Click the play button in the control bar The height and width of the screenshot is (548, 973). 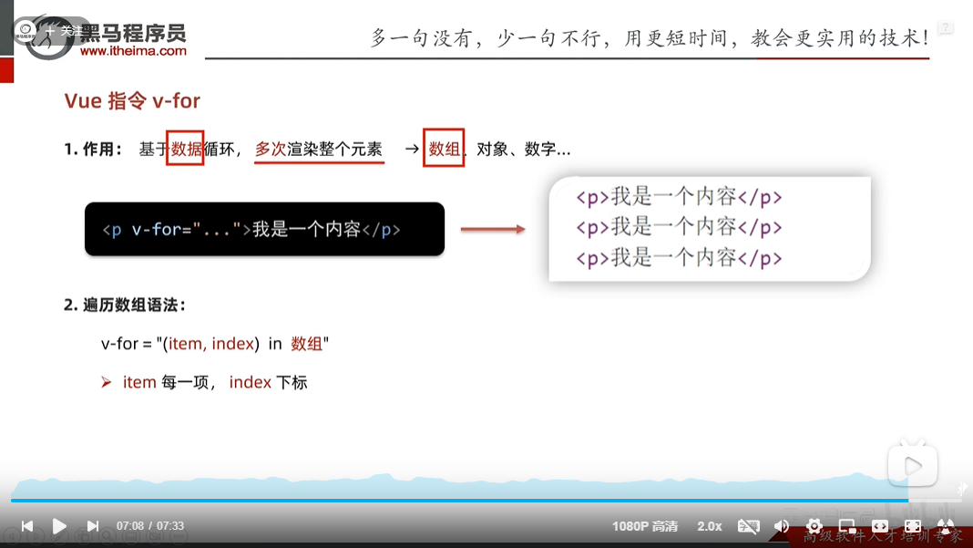pyautogui.click(x=59, y=526)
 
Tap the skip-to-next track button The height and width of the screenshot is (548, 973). pyautogui.click(x=92, y=526)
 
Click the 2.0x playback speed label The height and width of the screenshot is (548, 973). pyautogui.click(x=710, y=526)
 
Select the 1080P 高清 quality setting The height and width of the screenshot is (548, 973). pyautogui.click(x=645, y=526)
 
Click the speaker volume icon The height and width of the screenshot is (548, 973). pyautogui.click(x=781, y=526)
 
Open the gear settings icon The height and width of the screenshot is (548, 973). pyautogui.click(x=814, y=526)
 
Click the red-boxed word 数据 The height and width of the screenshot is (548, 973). pyautogui.click(x=185, y=149)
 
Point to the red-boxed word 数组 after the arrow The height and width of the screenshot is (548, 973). pyautogui.click(x=445, y=149)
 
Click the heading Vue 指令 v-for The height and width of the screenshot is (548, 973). pyautogui.click(x=132, y=101)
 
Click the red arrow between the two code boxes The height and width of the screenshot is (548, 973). pyautogui.click(x=493, y=229)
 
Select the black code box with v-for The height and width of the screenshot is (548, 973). pyautogui.click(x=264, y=229)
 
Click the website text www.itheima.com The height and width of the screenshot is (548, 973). pyautogui.click(x=133, y=52)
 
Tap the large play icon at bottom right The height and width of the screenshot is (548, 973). pyautogui.click(x=912, y=467)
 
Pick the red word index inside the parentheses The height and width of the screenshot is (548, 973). pyautogui.click(x=232, y=344)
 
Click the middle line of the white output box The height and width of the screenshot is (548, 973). pyautogui.click(x=679, y=227)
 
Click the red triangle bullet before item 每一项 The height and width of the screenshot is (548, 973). pyautogui.click(x=106, y=383)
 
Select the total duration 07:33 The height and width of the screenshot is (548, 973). pyautogui.click(x=170, y=526)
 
